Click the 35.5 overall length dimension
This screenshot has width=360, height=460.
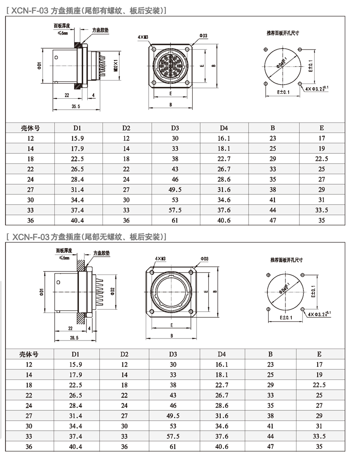(76, 107)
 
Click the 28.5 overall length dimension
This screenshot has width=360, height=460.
(74, 338)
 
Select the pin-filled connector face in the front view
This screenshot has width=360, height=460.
(171, 65)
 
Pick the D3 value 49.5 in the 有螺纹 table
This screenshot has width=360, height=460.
(175, 189)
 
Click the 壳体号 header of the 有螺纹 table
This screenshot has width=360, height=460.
(30, 128)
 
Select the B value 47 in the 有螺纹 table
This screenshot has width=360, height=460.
(273, 220)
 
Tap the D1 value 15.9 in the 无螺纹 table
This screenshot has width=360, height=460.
(77, 364)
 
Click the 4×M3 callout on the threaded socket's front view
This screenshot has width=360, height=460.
(143, 37)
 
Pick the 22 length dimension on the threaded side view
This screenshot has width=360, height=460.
(67, 95)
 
